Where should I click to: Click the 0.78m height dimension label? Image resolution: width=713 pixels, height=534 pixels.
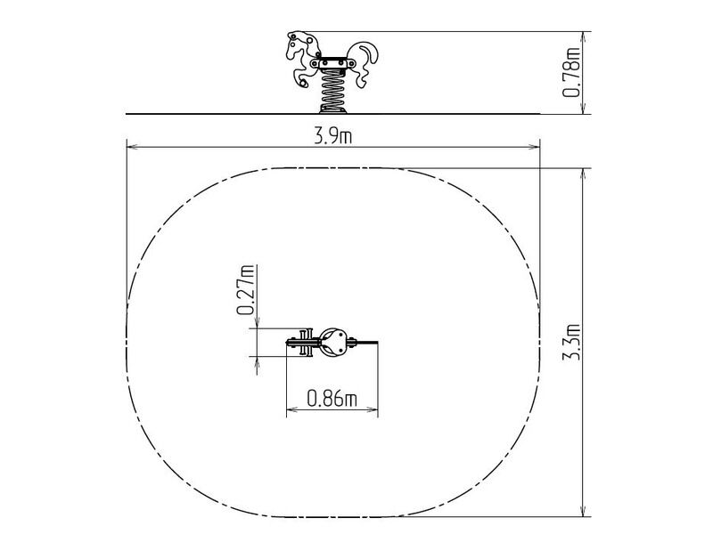(x=571, y=72)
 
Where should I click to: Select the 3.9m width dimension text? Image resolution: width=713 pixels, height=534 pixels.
(x=332, y=136)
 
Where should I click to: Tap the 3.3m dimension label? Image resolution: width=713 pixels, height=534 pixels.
(x=571, y=342)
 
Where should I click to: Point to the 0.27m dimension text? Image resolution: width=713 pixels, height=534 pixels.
(x=245, y=290)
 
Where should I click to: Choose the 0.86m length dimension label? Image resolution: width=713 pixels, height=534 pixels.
(x=332, y=399)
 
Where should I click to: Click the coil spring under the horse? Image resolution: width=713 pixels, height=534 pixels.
(x=332, y=89)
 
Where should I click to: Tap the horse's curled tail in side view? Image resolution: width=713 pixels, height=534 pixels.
(x=365, y=63)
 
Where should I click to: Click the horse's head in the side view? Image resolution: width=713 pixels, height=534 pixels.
(x=301, y=45)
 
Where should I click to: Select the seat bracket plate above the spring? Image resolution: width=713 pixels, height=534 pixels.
(x=333, y=63)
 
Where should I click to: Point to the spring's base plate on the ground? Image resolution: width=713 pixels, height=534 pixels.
(x=332, y=109)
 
